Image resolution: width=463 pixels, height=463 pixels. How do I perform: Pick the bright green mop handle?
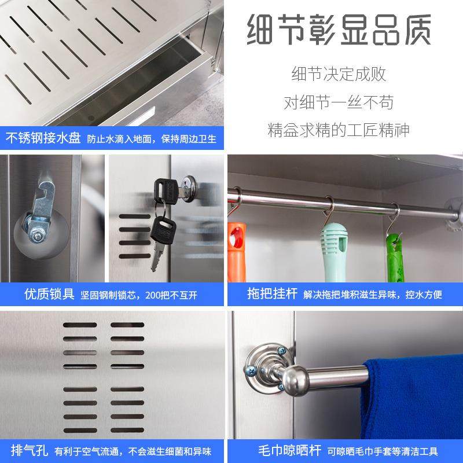(x=396, y=255)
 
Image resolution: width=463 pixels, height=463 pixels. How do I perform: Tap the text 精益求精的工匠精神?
(x=339, y=130)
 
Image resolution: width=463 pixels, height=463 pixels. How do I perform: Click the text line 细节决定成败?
(x=339, y=75)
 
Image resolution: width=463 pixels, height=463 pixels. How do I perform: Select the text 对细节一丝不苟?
(x=339, y=102)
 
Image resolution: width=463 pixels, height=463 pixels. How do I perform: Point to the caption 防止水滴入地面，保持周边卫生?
(x=152, y=139)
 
